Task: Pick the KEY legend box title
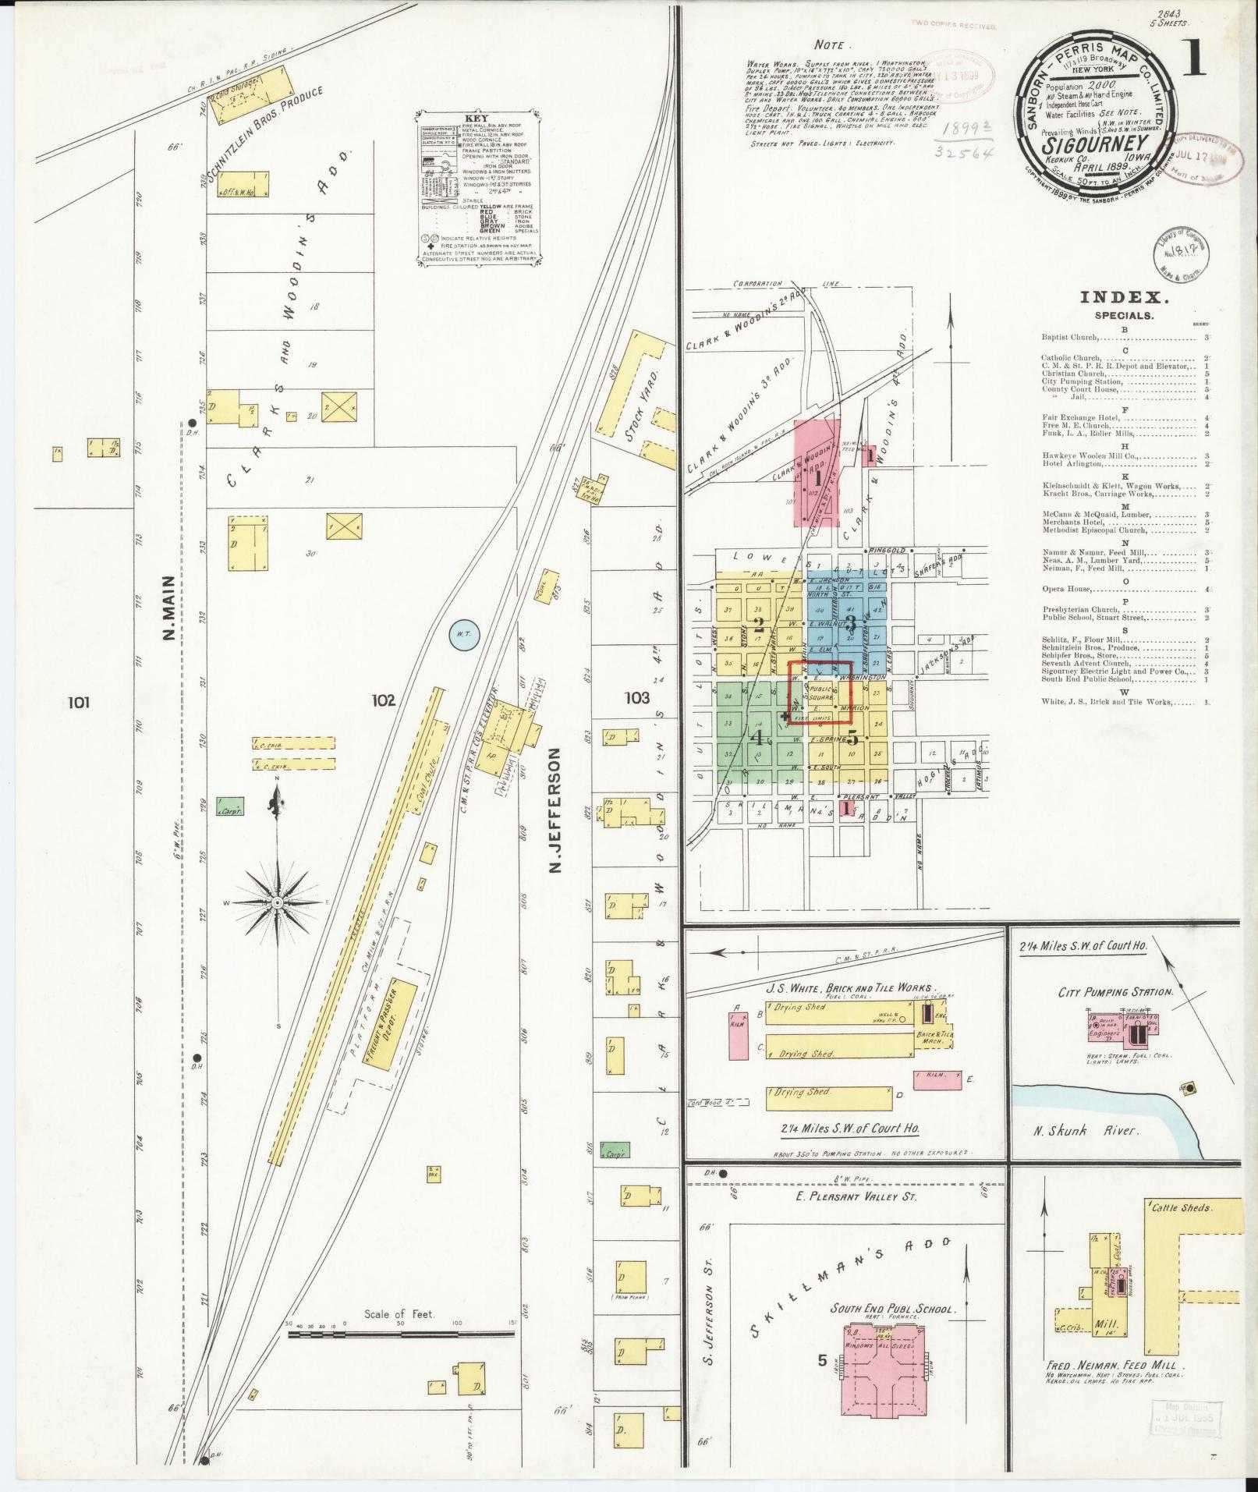pyautogui.click(x=479, y=120)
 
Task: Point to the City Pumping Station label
pyautogui.click(x=1115, y=992)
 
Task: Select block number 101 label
pyautogui.click(x=79, y=702)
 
